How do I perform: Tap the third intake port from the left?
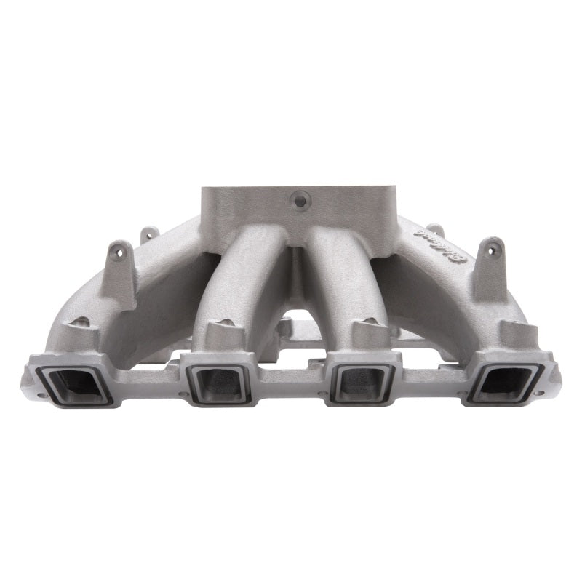pos(362,381)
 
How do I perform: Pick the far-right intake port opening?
pos(503,380)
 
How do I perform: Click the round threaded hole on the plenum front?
pos(298,198)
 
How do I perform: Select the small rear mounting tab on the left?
pos(149,234)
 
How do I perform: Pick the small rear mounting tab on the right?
pos(434,231)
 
